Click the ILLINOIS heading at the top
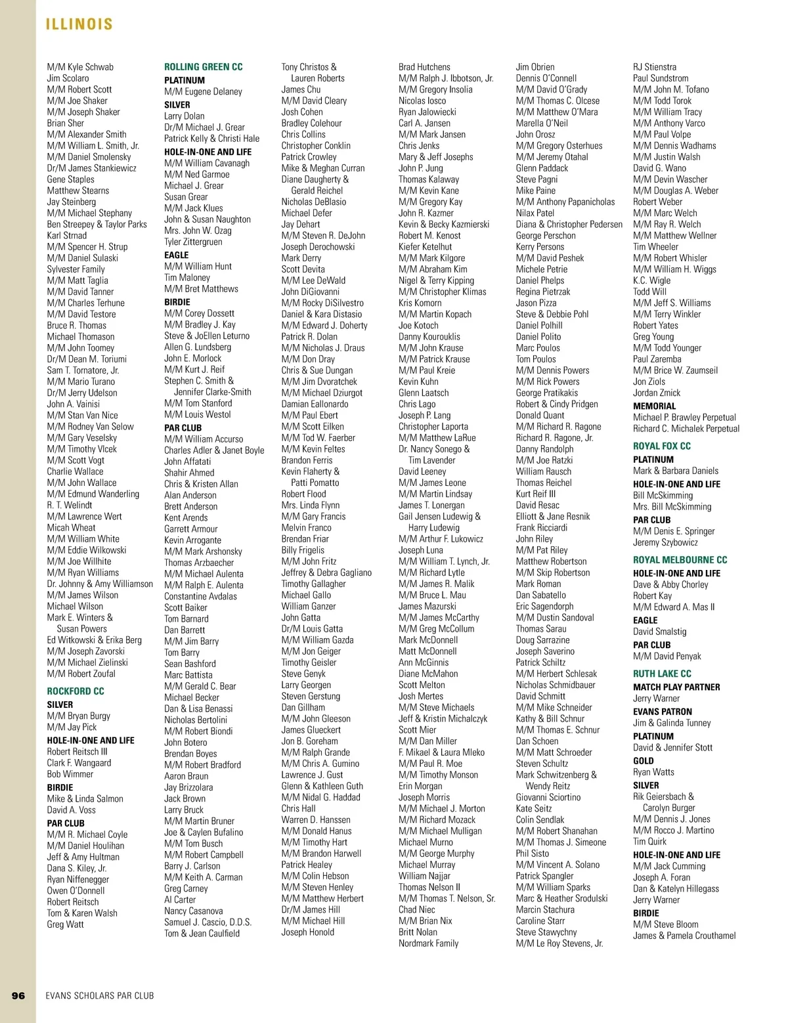click(x=79, y=25)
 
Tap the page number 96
click(x=18, y=995)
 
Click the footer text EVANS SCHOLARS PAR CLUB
click(x=100, y=995)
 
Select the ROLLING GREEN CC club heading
click(x=203, y=67)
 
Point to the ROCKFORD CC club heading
click(x=76, y=691)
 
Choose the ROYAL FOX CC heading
click(x=662, y=446)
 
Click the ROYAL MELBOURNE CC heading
click(x=680, y=560)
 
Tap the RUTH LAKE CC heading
click(x=662, y=674)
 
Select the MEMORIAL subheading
click(x=654, y=406)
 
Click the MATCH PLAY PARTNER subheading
click(x=676, y=687)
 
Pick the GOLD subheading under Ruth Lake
click(x=644, y=761)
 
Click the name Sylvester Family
click(x=76, y=269)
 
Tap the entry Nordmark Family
click(x=428, y=944)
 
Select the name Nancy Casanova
click(x=193, y=911)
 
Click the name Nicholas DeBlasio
click(x=313, y=202)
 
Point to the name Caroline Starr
click(x=540, y=921)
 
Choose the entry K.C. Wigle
click(x=651, y=280)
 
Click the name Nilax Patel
click(x=535, y=213)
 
